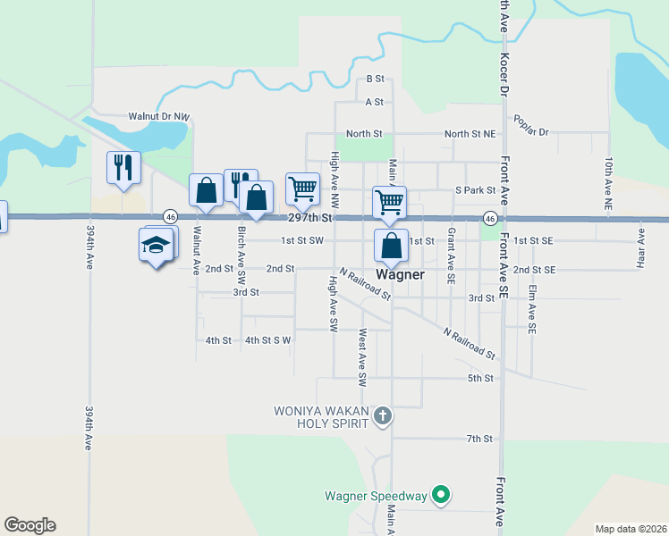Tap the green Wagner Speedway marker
pyautogui.click(x=440, y=494)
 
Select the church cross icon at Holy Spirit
pyautogui.click(x=382, y=415)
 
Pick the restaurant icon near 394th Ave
pyautogui.click(x=123, y=167)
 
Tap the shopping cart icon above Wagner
pyautogui.click(x=389, y=202)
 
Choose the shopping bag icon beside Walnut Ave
pyautogui.click(x=206, y=190)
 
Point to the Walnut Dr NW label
pyautogui.click(x=159, y=117)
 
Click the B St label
pyautogui.click(x=375, y=80)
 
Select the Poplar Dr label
pyautogui.click(x=529, y=125)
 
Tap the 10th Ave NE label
pyautogui.click(x=608, y=183)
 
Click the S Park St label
pyautogui.click(x=475, y=190)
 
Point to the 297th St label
pyautogui.click(x=309, y=218)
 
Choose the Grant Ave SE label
pyautogui.click(x=451, y=255)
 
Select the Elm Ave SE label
pyautogui.click(x=531, y=309)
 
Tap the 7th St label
pyautogui.click(x=479, y=439)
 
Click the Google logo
pyautogui.click(x=30, y=525)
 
